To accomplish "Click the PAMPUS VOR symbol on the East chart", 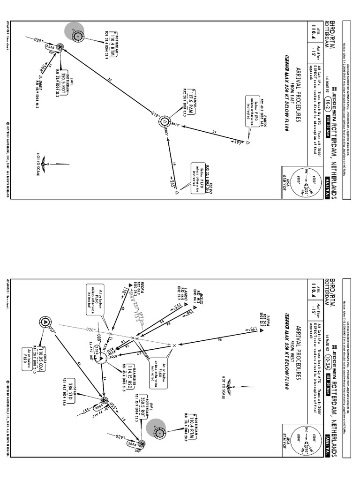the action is pos(165,122).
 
